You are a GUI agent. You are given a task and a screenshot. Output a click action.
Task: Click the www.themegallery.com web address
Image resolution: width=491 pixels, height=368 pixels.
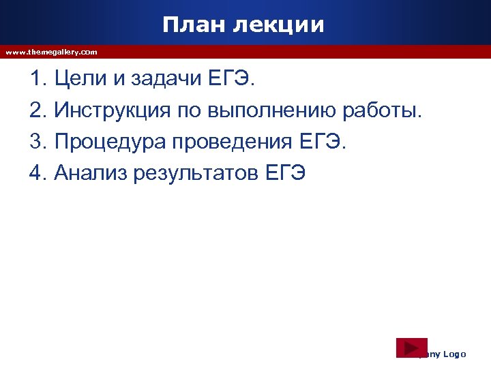(x=51, y=52)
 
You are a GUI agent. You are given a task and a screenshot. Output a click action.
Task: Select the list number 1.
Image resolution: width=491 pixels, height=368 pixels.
(x=37, y=80)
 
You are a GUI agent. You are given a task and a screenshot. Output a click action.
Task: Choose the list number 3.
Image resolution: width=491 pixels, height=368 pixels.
(x=37, y=142)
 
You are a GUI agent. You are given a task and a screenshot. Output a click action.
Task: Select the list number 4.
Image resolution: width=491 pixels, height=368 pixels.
(x=37, y=173)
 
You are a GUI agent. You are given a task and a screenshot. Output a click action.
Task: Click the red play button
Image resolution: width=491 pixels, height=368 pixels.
(x=412, y=347)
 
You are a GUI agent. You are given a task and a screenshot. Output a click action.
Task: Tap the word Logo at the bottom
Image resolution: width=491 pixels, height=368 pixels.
(x=454, y=354)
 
